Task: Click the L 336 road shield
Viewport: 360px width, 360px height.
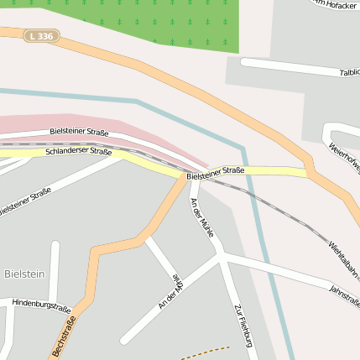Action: tap(41, 36)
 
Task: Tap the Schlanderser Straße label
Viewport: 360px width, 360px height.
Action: tap(79, 152)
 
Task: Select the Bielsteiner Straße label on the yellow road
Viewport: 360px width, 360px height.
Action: tap(216, 173)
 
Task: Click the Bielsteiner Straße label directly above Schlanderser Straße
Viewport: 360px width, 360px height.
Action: tap(79, 132)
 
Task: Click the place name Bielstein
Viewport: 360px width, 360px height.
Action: tap(24, 274)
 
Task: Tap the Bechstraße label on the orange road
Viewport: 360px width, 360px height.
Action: tap(65, 336)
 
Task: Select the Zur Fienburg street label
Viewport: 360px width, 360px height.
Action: tap(244, 326)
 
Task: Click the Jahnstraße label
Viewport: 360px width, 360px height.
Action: tap(345, 295)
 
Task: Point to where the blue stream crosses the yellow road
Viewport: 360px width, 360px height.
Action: tap(248, 171)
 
